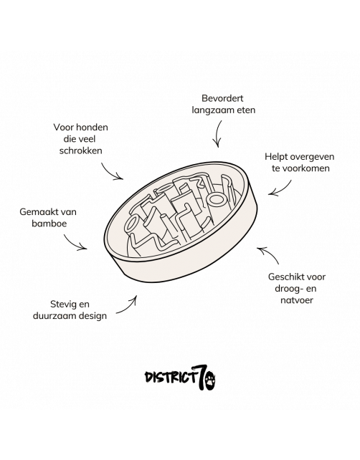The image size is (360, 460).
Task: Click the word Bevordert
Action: pos(222,98)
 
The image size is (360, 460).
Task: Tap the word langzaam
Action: pos(210,110)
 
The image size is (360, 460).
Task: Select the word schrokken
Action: pos(81,150)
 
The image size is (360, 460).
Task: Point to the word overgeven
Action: pos(312,157)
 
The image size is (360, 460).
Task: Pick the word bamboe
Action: pos(49,224)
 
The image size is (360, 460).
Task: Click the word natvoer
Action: pos(297,300)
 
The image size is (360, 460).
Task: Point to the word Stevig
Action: pos(61,305)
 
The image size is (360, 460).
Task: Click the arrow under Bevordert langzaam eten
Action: pos(218,133)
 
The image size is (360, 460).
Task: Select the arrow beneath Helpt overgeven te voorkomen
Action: pos(283,189)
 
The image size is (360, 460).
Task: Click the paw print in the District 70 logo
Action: pos(210,380)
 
